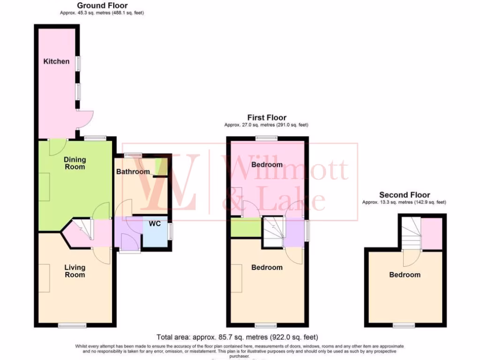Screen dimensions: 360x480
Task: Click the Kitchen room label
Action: click(56, 61)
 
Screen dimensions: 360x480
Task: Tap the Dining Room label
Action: click(75, 163)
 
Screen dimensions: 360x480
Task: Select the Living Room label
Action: click(75, 271)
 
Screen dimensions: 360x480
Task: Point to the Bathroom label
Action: click(133, 172)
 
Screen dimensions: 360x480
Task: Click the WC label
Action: click(155, 224)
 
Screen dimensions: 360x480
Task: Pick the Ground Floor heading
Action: click(102, 6)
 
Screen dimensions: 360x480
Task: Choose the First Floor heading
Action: click(267, 117)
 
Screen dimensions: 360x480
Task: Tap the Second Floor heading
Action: click(405, 195)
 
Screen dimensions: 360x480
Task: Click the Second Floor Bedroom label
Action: click(405, 275)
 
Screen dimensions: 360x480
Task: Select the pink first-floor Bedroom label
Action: click(267, 165)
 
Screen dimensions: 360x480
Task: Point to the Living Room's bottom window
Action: click(72, 325)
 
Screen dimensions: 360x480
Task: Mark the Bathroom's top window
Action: click(134, 154)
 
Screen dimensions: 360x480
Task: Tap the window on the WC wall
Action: click(170, 231)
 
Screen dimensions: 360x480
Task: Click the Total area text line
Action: click(237, 337)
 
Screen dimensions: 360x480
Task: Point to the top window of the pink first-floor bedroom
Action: click(267, 138)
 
